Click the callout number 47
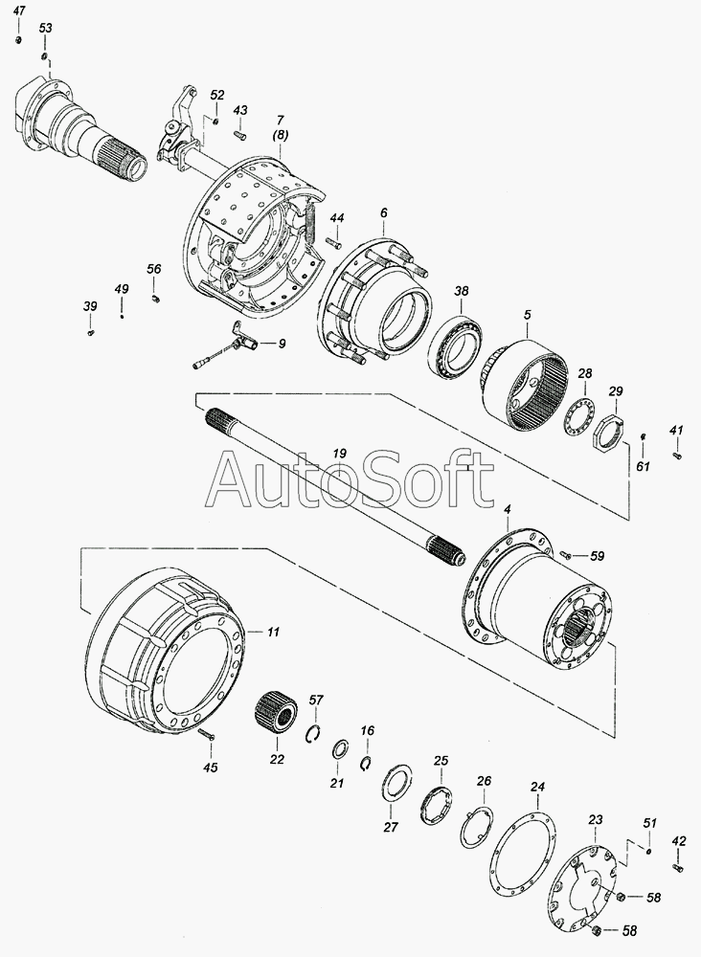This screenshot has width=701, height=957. [x=19, y=11]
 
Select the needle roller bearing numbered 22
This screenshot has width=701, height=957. [x=275, y=713]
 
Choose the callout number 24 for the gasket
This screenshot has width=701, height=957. [x=536, y=787]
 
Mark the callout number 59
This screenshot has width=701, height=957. [x=597, y=556]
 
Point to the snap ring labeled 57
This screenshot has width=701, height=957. [x=314, y=734]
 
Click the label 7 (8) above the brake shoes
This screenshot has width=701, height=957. [x=281, y=127]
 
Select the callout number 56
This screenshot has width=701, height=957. [x=154, y=269]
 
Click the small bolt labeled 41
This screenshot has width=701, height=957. [x=676, y=455]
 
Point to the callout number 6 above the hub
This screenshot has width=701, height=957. [x=383, y=213]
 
